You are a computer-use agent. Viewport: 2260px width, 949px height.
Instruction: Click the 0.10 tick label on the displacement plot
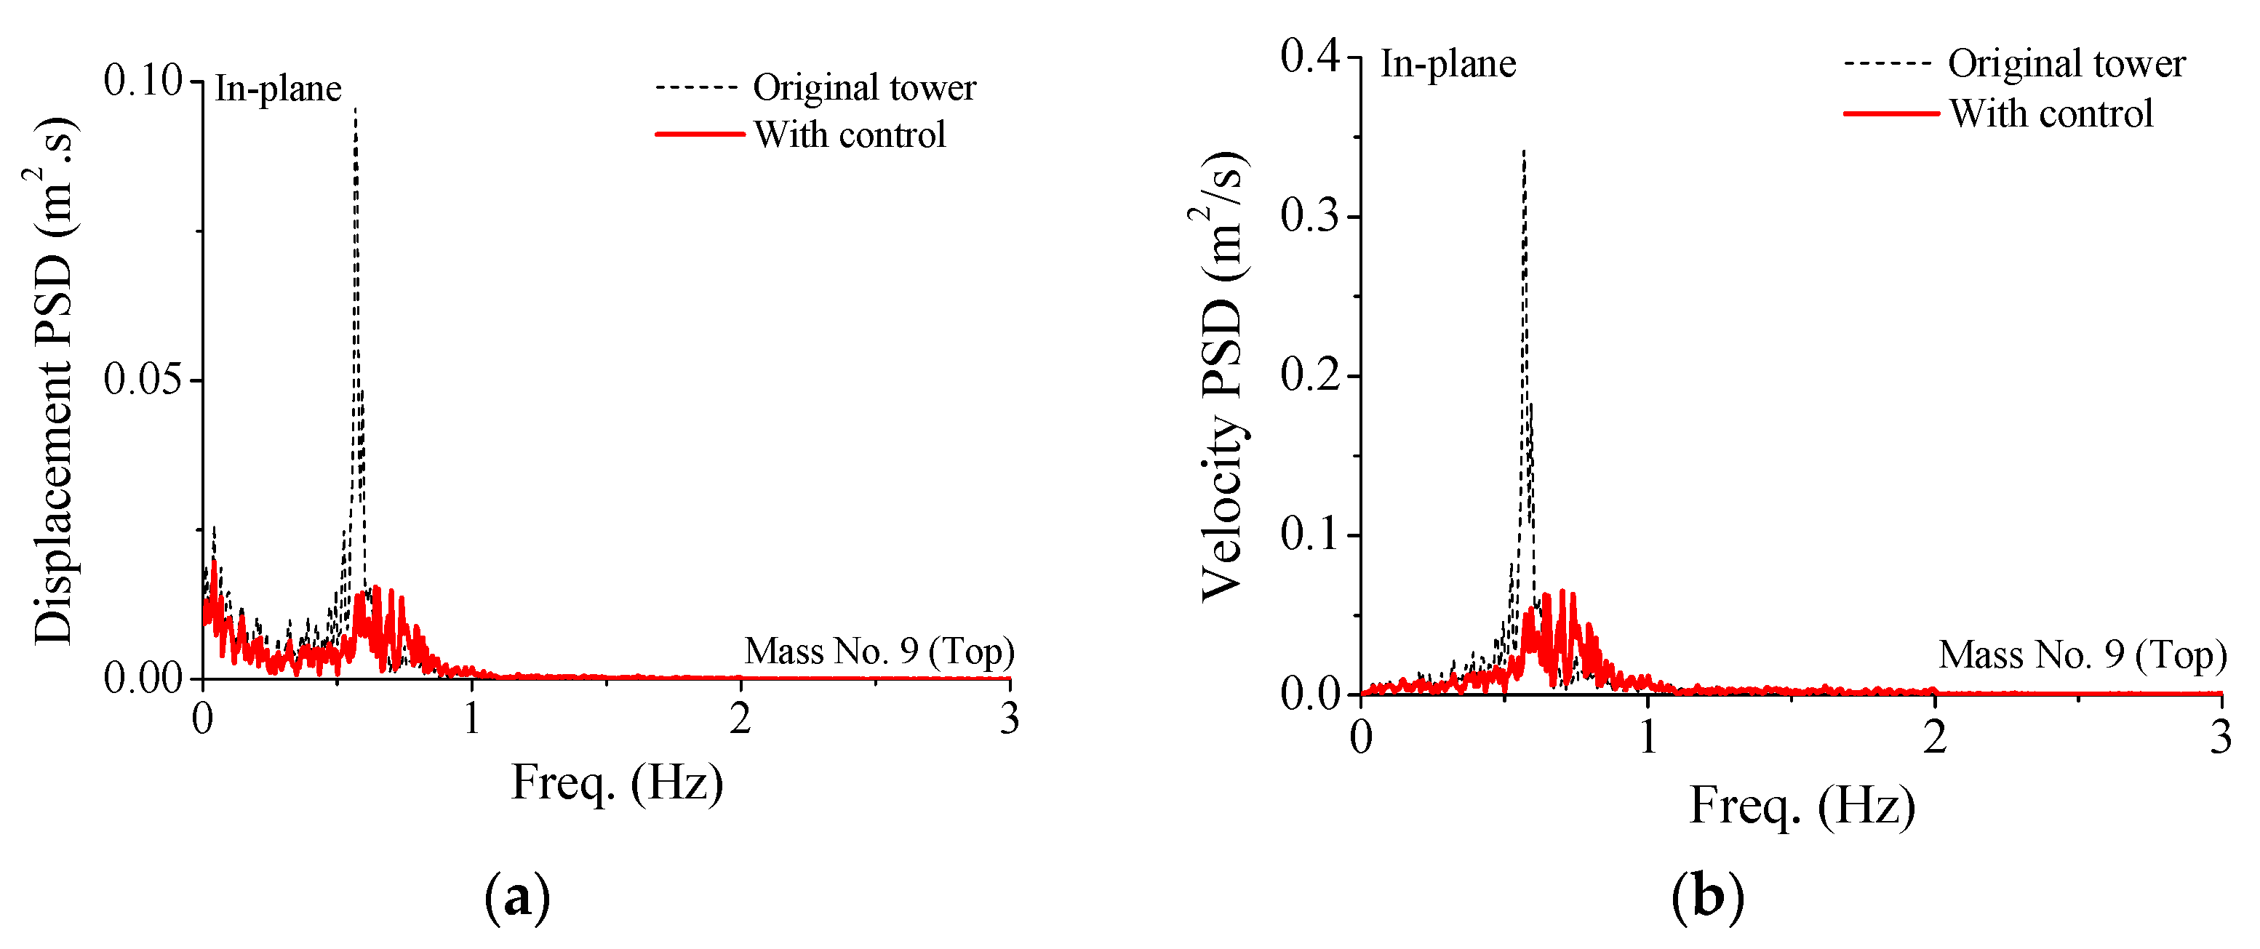click(142, 81)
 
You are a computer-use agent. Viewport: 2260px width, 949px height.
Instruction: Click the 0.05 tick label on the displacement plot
click(142, 379)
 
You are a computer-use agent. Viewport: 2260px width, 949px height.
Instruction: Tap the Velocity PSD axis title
click(1221, 377)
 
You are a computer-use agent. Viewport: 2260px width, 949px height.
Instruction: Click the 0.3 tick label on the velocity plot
click(1311, 216)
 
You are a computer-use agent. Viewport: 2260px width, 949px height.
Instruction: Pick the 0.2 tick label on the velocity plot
click(1311, 375)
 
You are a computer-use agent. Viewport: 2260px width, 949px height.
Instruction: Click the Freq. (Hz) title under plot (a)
click(617, 783)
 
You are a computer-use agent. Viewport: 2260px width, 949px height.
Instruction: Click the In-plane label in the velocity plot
click(1448, 64)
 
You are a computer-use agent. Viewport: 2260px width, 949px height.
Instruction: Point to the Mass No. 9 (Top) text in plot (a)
click(879, 652)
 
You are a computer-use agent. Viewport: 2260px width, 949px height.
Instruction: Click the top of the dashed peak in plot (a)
click(355, 109)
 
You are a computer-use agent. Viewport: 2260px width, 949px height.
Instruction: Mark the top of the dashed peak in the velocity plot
click(1525, 151)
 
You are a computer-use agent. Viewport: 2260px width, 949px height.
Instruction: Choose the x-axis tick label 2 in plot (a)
click(740, 720)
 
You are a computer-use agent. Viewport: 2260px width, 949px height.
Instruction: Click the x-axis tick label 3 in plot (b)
click(2221, 737)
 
